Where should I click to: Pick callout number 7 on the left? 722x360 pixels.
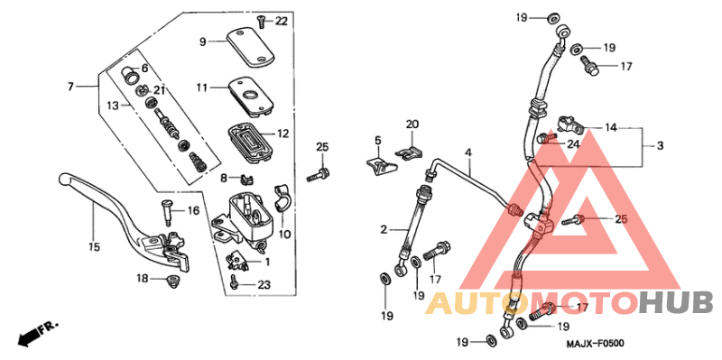point(69,86)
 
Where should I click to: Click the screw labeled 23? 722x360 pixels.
point(235,283)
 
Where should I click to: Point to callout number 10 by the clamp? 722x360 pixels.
point(284,235)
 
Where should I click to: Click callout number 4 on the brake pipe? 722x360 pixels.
point(469,152)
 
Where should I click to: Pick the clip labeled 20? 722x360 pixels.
point(411,150)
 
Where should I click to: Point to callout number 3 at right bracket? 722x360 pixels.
point(659,146)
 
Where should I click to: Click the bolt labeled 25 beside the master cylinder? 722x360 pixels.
point(318,173)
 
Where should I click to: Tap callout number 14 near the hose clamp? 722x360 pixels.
point(611,128)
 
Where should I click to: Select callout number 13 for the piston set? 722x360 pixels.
point(112,106)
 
